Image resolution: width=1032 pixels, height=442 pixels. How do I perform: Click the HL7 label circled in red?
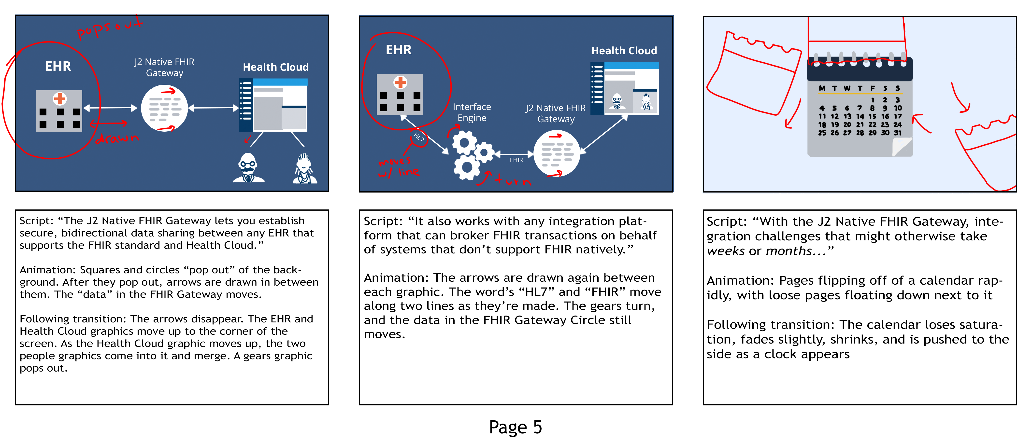point(419,138)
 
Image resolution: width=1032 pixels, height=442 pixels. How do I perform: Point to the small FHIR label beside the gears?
point(516,160)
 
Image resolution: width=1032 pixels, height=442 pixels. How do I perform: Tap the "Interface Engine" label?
point(472,112)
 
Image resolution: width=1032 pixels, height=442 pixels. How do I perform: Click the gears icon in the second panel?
point(472,154)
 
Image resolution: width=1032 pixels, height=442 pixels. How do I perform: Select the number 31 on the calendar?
point(897,133)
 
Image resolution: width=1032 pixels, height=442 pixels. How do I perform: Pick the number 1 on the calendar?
point(872,100)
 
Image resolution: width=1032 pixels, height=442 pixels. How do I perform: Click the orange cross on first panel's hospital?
point(60,98)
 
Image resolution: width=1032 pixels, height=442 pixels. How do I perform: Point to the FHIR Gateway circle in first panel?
point(164,108)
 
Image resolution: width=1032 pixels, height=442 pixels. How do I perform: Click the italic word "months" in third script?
point(788,251)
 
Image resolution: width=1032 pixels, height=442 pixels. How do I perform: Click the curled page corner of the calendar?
point(902,147)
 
